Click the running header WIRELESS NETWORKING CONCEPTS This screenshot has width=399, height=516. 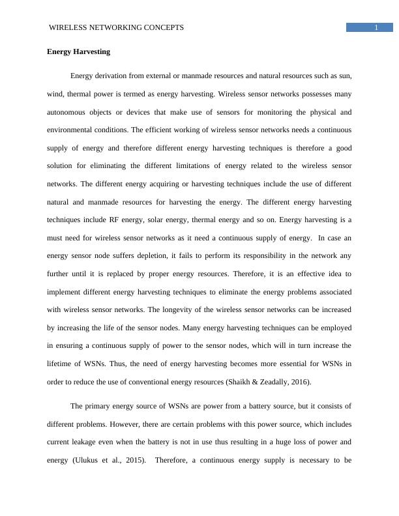click(117, 27)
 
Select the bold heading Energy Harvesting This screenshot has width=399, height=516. click(78, 51)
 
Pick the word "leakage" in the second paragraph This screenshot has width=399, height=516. click(89, 442)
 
